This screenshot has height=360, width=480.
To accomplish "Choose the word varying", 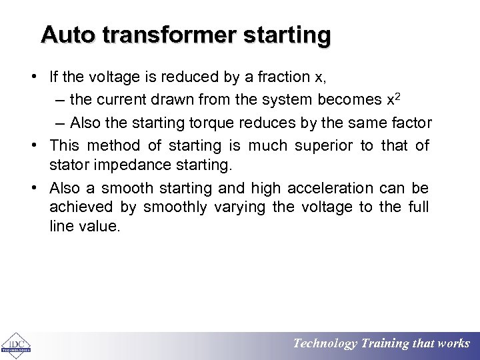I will (241, 207).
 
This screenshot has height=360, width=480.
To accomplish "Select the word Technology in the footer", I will (325, 344).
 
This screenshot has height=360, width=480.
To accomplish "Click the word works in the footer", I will (453, 344).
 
